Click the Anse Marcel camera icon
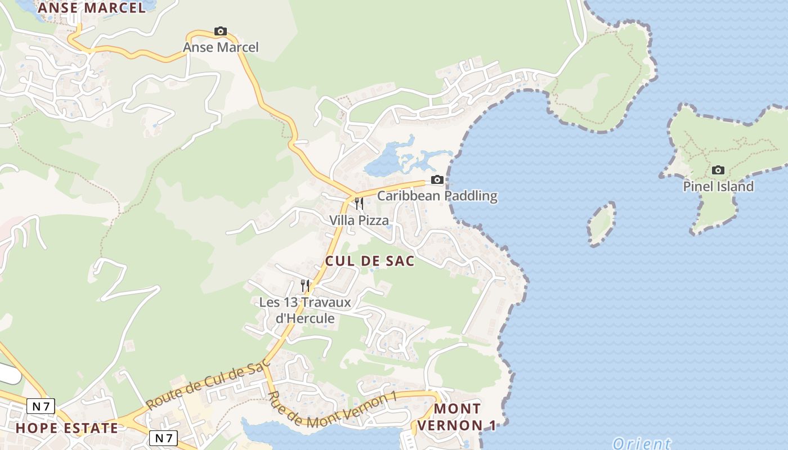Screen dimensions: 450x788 [x=221, y=31]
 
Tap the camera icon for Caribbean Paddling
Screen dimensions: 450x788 [x=437, y=180]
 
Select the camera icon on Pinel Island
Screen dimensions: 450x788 [x=718, y=170]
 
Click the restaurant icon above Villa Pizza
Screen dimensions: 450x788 [x=359, y=203]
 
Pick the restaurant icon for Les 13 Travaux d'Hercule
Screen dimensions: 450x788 [x=305, y=286]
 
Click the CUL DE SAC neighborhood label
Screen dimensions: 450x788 [x=370, y=261]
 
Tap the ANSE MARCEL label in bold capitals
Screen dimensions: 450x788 [x=92, y=8]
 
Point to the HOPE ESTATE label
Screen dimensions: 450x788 [x=67, y=428]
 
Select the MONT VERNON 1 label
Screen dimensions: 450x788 [x=458, y=417]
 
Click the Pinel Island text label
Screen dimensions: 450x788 [x=718, y=187]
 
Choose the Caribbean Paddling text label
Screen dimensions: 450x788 [x=437, y=196]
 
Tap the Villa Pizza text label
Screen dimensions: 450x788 [x=359, y=220]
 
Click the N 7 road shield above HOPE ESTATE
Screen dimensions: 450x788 [x=41, y=406]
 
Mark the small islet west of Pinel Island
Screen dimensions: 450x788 [x=601, y=224]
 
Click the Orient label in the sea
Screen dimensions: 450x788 [x=642, y=443]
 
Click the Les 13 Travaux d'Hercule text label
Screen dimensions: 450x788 [x=305, y=310]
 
